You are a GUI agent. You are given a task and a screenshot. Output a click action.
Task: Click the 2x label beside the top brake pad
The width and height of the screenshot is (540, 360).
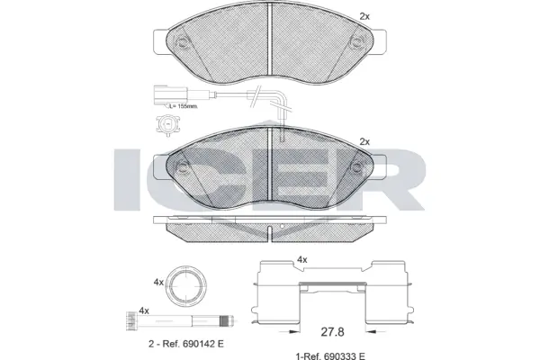(x=364, y=16)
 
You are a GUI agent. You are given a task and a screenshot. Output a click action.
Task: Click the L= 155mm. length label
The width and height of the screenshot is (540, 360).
(x=183, y=107)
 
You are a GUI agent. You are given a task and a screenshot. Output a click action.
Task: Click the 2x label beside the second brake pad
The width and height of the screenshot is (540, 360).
(x=364, y=142)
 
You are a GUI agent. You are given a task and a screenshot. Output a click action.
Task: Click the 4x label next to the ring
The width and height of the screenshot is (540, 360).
(x=158, y=282)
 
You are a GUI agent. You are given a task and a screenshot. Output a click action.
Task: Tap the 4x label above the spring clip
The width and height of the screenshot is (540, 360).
(x=301, y=259)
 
